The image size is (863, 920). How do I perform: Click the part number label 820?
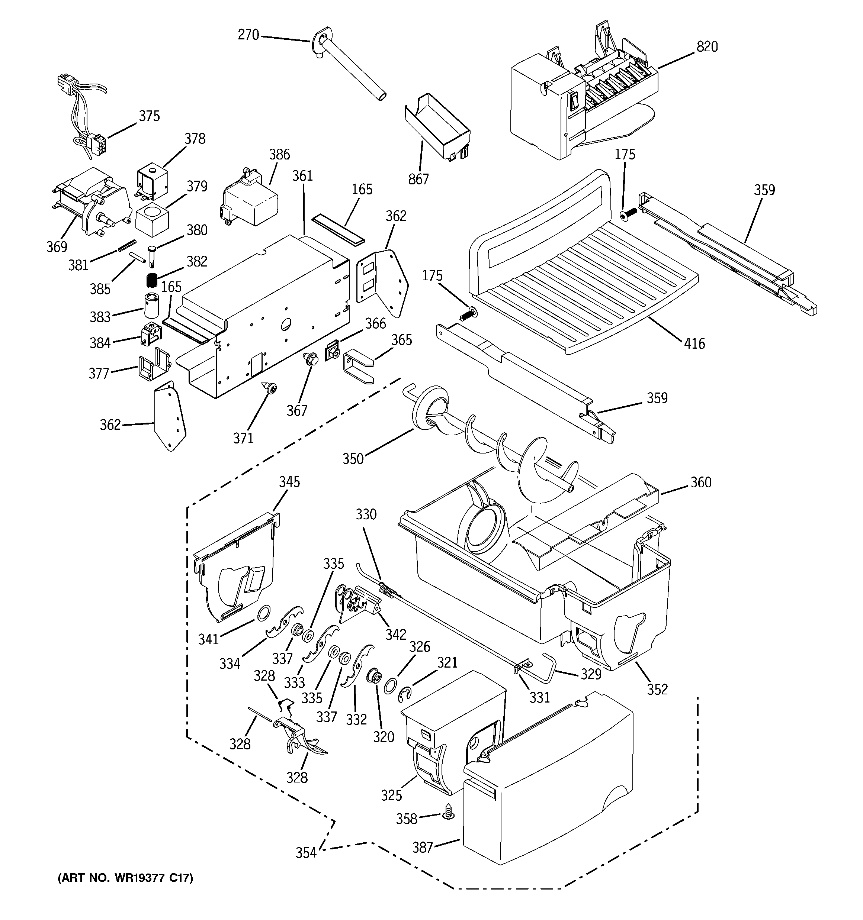click(x=707, y=47)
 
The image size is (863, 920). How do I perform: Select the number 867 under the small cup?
click(x=418, y=179)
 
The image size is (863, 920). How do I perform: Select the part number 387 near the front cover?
click(x=423, y=848)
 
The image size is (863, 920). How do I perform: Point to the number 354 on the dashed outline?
click(x=306, y=853)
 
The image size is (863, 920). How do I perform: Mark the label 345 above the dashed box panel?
click(x=289, y=482)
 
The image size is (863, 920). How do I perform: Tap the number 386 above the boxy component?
click(x=279, y=154)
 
